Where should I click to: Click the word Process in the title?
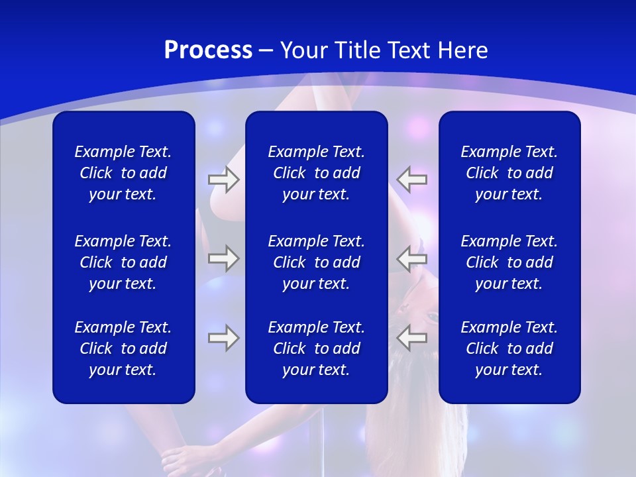coord(208,50)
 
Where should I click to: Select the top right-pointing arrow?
coord(223,180)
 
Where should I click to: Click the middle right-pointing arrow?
coord(223,258)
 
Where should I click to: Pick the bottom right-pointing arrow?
coord(223,338)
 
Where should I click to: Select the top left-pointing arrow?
coord(411,180)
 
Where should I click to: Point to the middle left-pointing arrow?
coord(411,258)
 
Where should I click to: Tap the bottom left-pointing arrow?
coord(411,338)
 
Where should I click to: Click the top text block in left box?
coord(123,173)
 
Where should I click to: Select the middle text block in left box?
coord(123,262)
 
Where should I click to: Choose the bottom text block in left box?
coord(123,348)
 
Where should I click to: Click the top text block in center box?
coord(317,173)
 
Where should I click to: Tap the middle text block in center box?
coord(317,262)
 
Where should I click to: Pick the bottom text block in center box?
coord(317,348)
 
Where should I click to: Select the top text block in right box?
coord(509,173)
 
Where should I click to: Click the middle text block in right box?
coord(509,262)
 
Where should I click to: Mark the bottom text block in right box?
coord(509,348)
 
